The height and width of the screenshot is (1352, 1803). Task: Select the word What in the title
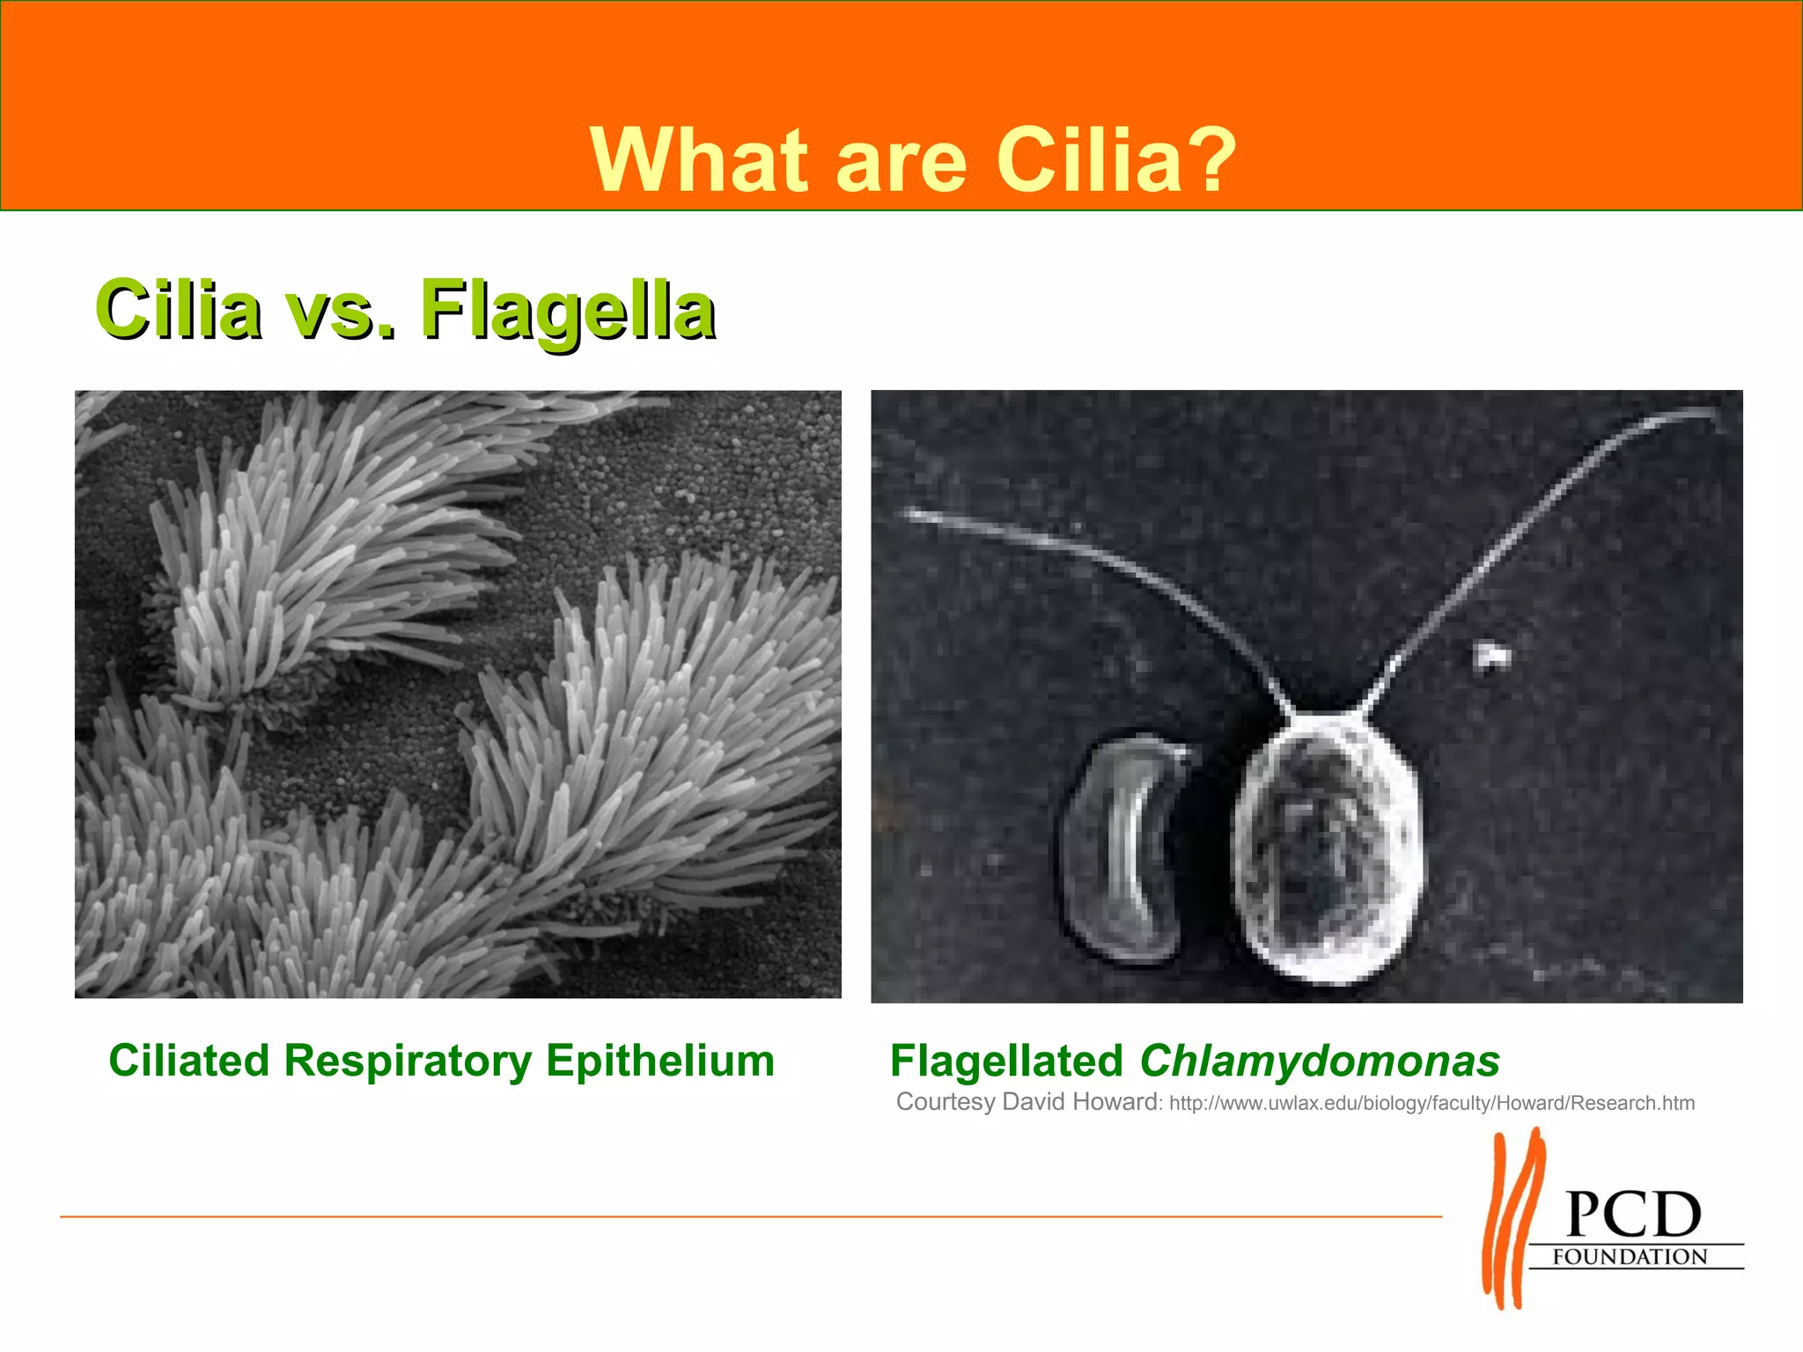point(699,160)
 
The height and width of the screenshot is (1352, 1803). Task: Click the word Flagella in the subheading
point(567,310)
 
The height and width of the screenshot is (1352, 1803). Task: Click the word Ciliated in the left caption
point(188,1061)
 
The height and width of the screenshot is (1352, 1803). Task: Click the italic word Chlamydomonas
point(1319,1062)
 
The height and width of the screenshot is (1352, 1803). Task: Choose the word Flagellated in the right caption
point(1006,1062)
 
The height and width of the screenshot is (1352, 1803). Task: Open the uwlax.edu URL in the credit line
point(1431,1104)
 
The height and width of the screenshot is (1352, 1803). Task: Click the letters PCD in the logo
point(1633,1216)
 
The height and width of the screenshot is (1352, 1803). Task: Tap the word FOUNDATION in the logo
point(1630,1257)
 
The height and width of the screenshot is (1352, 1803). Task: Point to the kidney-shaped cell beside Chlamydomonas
point(1122,849)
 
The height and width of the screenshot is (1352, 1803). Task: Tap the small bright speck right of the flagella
point(1491,656)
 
